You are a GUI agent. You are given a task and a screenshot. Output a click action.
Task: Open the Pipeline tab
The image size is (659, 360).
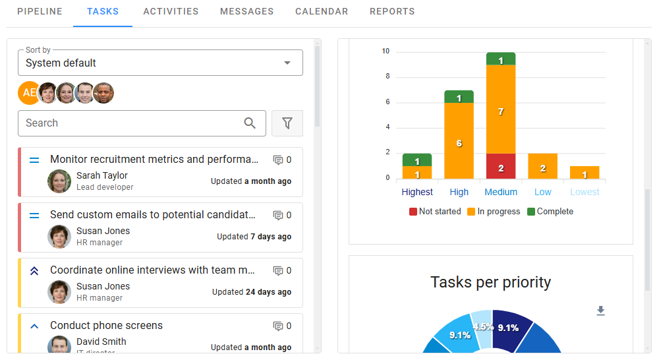tap(40, 11)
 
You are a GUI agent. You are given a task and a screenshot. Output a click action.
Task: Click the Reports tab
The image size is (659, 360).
tap(392, 11)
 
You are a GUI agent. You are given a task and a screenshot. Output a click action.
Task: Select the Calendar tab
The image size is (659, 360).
tap(322, 11)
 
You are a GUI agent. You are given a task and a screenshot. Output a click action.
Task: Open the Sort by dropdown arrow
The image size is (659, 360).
tap(287, 63)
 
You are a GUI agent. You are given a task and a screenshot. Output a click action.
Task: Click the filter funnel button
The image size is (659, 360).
tap(287, 123)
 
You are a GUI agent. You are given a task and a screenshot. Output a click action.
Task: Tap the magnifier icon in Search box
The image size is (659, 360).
tap(250, 123)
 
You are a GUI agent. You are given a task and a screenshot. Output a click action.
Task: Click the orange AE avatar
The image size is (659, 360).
tap(28, 93)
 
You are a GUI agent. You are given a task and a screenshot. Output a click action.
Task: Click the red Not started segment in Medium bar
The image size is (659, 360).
tap(501, 166)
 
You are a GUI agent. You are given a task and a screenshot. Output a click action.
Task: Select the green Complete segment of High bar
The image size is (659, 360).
tap(459, 97)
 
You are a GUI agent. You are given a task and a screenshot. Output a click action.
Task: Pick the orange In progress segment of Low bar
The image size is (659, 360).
tap(543, 166)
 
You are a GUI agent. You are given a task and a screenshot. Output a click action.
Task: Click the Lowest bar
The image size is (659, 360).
tap(585, 173)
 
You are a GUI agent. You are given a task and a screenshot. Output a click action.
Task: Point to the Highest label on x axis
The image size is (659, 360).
tap(417, 193)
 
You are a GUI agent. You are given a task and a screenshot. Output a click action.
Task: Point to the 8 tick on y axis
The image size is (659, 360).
tap(387, 76)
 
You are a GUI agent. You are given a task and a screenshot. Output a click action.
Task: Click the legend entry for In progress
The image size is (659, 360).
tap(494, 212)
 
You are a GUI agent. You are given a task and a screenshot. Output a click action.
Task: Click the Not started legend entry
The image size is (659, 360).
tap(435, 212)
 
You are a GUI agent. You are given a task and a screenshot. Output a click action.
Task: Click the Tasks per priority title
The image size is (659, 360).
tap(490, 283)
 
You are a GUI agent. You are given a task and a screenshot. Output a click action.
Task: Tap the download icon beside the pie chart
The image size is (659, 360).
tap(600, 311)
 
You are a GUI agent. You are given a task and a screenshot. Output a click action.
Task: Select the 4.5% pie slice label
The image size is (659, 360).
tap(482, 326)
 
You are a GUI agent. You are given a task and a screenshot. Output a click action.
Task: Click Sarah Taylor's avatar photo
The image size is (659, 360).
tap(59, 181)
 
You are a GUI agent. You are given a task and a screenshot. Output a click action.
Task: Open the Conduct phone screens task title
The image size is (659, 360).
tap(106, 326)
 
